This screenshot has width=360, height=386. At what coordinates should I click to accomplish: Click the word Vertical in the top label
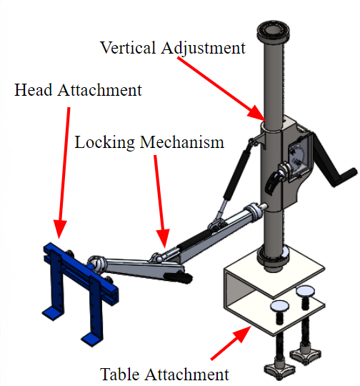point(127,47)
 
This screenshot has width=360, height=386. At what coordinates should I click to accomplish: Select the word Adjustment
point(204,49)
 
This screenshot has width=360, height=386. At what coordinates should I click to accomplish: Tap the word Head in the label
point(34,90)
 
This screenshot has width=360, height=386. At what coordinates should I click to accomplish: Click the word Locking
point(104,142)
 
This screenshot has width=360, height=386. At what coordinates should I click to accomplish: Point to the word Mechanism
point(182,142)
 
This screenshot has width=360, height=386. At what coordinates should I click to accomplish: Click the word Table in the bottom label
point(119,375)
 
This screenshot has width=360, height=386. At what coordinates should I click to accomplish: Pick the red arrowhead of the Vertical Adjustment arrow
point(257,114)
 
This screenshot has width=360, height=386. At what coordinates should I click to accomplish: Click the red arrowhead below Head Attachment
point(59,229)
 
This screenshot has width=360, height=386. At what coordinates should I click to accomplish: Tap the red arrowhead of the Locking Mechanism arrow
point(163,238)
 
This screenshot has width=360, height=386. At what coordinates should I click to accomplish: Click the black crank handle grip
point(344,177)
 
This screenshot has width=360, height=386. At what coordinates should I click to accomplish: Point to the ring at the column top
point(273,31)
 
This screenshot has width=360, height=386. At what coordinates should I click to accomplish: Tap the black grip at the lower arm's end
point(179,277)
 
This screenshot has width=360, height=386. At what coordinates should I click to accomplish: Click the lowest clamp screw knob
point(280,370)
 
